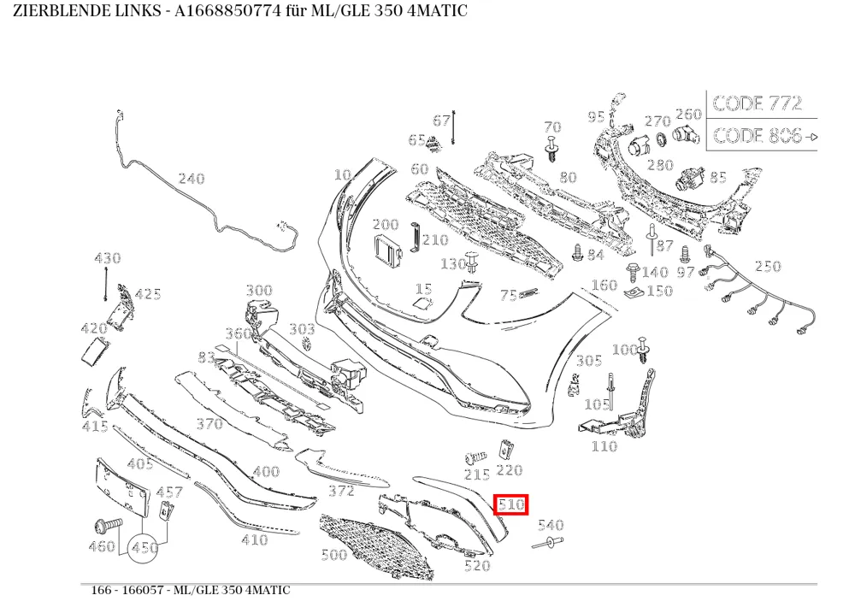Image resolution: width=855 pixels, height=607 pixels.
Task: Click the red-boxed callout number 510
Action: (x=511, y=504)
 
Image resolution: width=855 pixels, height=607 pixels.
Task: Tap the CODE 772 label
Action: (x=758, y=103)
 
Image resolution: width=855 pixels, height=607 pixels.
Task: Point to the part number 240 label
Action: (x=192, y=179)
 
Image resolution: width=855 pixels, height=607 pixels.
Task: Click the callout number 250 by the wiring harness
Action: (x=768, y=266)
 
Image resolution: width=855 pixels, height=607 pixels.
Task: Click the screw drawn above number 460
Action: (x=108, y=525)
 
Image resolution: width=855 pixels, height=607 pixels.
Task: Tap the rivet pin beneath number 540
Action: (x=548, y=543)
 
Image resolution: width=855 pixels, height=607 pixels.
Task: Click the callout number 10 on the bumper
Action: (x=343, y=174)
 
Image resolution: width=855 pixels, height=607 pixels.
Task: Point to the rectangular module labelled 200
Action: (x=387, y=250)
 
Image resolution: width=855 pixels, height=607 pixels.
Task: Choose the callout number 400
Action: (x=267, y=471)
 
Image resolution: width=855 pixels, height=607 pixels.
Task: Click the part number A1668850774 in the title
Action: (x=227, y=10)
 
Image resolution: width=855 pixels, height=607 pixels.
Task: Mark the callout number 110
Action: (x=604, y=446)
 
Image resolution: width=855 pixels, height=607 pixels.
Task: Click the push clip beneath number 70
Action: (x=552, y=149)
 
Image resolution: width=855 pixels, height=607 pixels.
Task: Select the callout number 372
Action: (x=341, y=491)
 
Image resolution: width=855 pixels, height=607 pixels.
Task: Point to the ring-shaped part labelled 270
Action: (x=661, y=139)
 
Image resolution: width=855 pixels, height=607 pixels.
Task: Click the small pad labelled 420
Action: (x=95, y=350)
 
